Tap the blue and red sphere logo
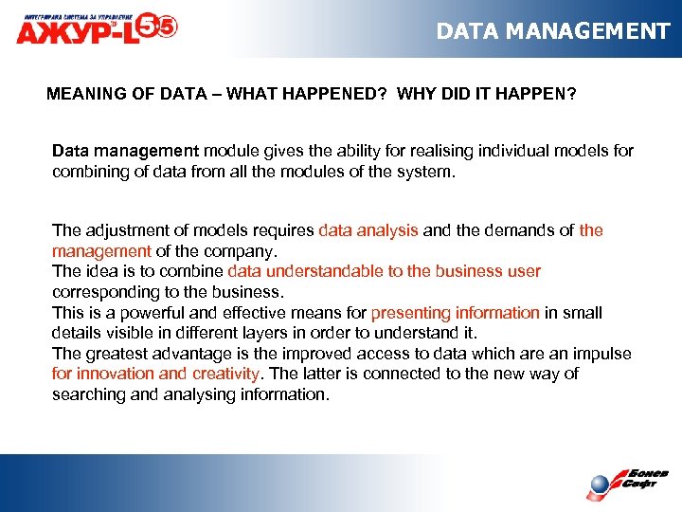click(601, 485)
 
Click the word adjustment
click(129, 230)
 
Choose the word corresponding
click(102, 292)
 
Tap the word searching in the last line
click(87, 394)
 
